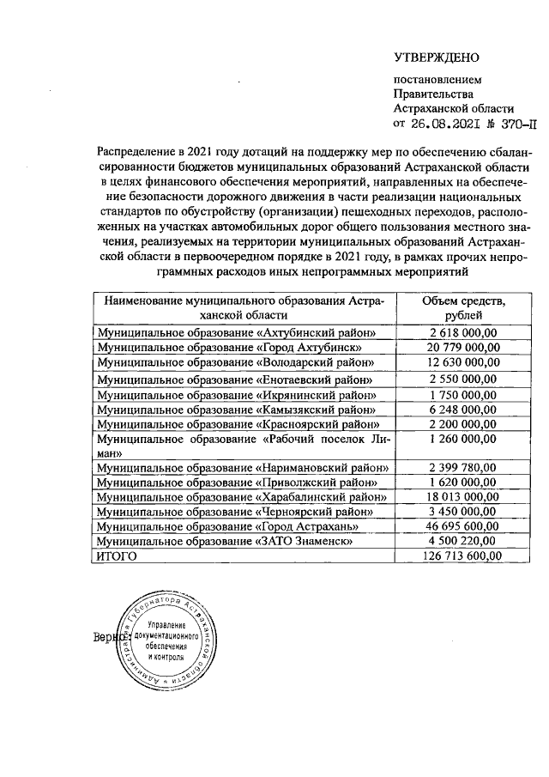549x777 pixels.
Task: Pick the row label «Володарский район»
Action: point(237,362)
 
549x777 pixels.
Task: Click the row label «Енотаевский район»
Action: point(237,379)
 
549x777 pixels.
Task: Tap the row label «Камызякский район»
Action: point(237,410)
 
